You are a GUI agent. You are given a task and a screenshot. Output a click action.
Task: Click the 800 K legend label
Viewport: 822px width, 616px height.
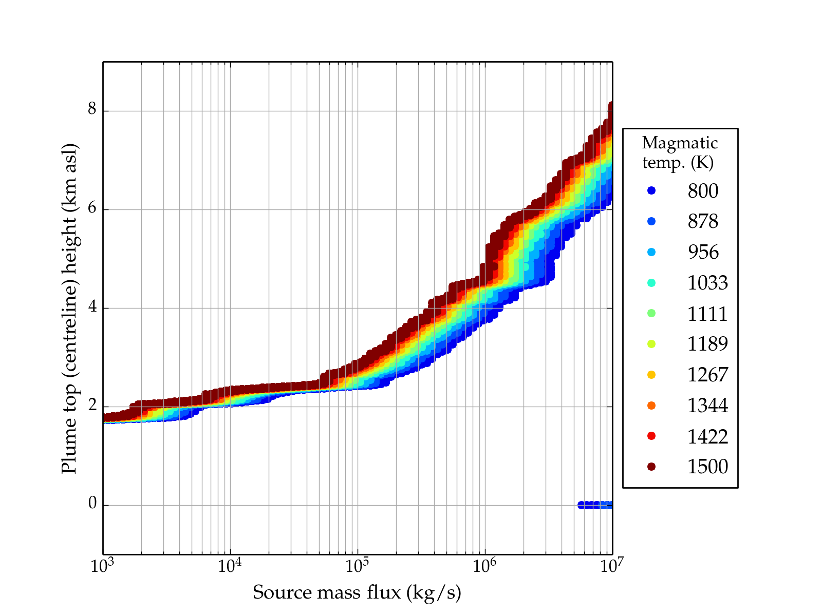click(703, 191)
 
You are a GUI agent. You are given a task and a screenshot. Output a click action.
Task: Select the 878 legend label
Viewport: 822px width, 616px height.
click(703, 221)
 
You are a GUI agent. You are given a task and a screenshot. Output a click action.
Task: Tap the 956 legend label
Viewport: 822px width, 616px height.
click(703, 252)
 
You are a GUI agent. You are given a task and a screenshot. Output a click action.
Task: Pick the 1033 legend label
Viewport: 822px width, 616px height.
click(707, 283)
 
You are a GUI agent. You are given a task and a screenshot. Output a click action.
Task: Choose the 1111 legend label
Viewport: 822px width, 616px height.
click(707, 314)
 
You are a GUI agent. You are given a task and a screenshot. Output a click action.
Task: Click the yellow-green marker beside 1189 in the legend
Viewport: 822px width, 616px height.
click(651, 344)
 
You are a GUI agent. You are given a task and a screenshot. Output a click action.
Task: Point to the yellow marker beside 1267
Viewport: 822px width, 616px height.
click(651, 375)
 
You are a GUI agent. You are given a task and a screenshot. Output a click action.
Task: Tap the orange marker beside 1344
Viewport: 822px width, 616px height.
click(651, 406)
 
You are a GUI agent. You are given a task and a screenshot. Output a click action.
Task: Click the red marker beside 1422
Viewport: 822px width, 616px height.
click(651, 436)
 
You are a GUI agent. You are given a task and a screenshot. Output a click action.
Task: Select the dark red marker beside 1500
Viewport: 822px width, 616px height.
click(651, 466)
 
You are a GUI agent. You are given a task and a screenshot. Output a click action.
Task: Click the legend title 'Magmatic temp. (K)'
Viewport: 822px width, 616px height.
click(680, 152)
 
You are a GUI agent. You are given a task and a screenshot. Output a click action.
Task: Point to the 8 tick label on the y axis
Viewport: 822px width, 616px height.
click(92, 110)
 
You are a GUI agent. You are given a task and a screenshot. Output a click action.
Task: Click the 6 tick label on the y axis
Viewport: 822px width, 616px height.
click(92, 209)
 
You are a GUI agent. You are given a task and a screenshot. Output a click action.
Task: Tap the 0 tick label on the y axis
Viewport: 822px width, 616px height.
click(92, 504)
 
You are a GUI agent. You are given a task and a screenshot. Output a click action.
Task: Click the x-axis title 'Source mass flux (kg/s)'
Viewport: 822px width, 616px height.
click(357, 592)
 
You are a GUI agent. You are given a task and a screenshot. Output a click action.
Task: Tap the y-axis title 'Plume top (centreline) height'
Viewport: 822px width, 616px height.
click(69, 308)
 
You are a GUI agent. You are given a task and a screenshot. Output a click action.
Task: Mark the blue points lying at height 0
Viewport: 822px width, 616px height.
click(595, 505)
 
